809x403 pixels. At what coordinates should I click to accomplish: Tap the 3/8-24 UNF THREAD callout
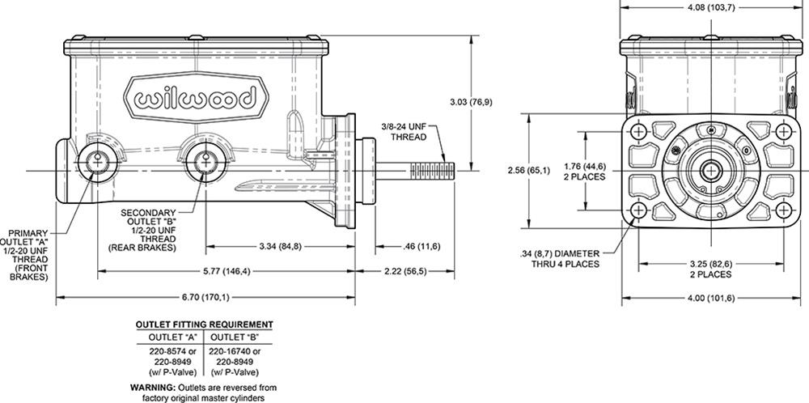[411, 132]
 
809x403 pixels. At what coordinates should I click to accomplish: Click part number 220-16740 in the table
[232, 351]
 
